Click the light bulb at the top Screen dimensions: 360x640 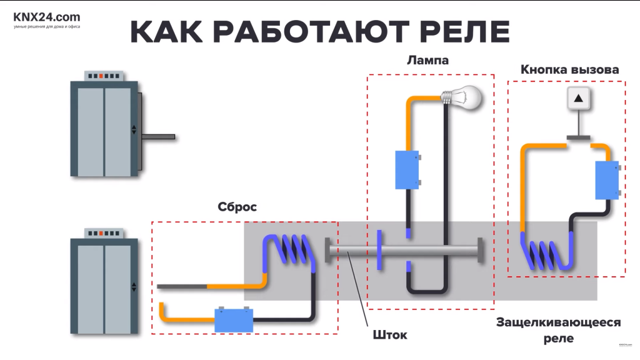[x=466, y=97]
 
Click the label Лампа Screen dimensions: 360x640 [x=427, y=61]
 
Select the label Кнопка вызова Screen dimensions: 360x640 [x=569, y=69]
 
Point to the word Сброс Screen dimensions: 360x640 [x=237, y=207]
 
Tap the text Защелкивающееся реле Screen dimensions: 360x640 [x=558, y=330]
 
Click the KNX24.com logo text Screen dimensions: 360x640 [x=47, y=17]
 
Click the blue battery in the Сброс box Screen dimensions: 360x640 [x=234, y=321]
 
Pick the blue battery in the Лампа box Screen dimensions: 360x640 [x=407, y=169]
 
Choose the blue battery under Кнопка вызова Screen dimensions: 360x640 [x=606, y=180]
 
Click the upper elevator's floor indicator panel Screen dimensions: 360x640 [x=104, y=76]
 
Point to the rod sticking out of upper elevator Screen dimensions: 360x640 [x=159, y=136]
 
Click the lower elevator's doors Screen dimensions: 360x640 [x=104, y=287]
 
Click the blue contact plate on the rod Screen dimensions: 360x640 [x=379, y=250]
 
